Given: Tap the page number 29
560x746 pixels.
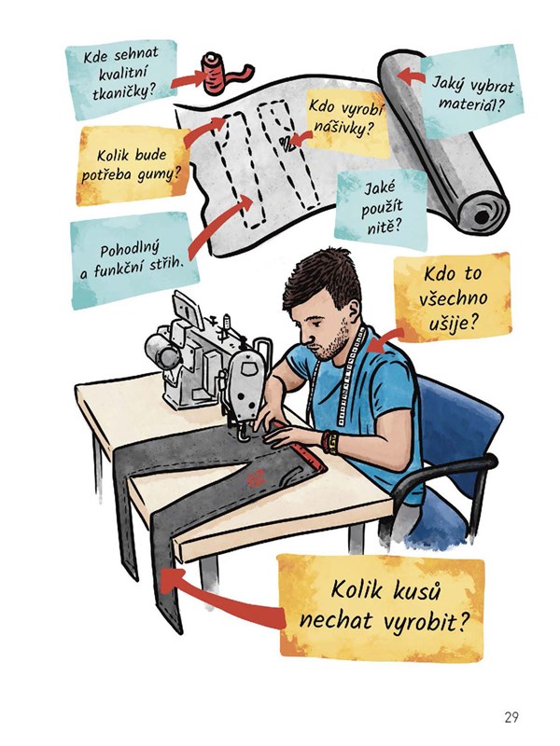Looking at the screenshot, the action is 511,716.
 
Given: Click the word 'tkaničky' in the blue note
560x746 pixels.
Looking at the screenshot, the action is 124,90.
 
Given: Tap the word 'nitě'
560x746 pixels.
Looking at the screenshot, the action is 382,227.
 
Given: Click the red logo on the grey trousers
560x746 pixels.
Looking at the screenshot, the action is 257,477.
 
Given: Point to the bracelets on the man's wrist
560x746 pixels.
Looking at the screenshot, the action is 329,442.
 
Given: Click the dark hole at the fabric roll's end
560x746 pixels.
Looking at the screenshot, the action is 482,216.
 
